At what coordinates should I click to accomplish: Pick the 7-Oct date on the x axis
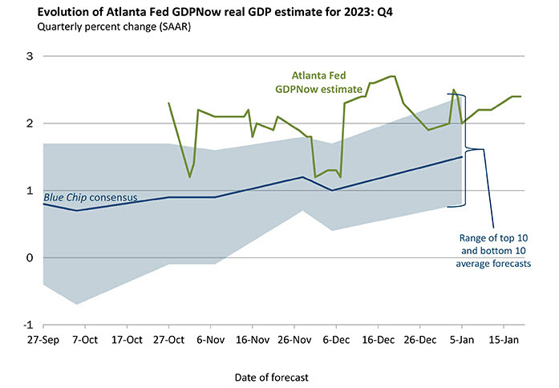85,340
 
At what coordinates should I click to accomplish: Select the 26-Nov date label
294,340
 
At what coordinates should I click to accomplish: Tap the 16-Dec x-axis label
377,340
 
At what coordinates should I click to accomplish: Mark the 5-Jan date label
461,340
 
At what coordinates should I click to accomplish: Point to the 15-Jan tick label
503,340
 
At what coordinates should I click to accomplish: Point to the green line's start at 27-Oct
168,103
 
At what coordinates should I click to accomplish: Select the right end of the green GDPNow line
521,96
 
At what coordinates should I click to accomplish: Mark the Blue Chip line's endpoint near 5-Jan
461,157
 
